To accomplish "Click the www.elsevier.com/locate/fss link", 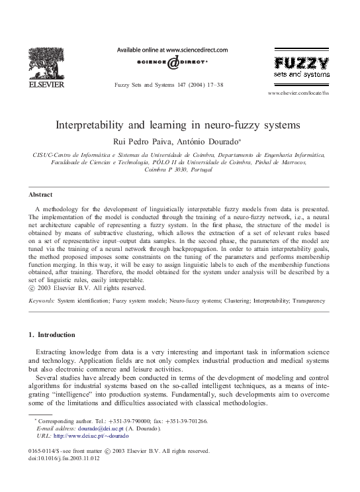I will point(298,94).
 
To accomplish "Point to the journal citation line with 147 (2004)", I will point(169,85).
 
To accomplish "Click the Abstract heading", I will point(41,195).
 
